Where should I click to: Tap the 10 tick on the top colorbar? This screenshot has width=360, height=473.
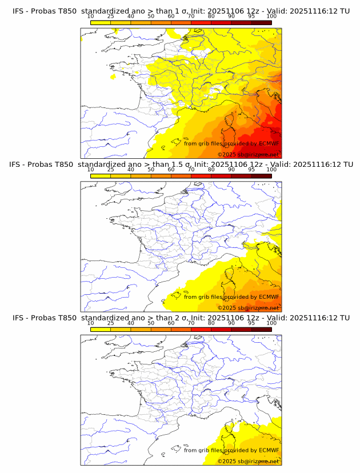point(91,17)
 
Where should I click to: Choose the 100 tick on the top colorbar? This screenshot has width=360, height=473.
point(271,17)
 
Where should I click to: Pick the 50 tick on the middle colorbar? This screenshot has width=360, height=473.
point(151,170)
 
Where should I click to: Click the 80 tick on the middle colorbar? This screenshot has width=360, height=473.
point(211,170)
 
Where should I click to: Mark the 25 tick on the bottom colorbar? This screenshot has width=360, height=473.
point(111,323)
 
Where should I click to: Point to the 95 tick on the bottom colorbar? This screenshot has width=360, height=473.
point(251,323)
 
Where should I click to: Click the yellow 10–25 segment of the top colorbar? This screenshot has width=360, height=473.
point(101,22)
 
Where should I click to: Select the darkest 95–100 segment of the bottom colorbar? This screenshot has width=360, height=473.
point(261,328)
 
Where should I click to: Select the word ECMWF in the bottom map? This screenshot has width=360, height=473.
point(269,450)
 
